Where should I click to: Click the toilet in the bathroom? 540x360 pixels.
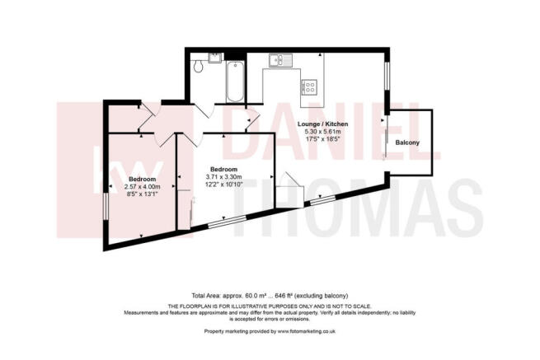pos(198,67)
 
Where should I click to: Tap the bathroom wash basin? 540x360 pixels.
pos(214,58)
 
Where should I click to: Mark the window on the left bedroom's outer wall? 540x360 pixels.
pos(106,207)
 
